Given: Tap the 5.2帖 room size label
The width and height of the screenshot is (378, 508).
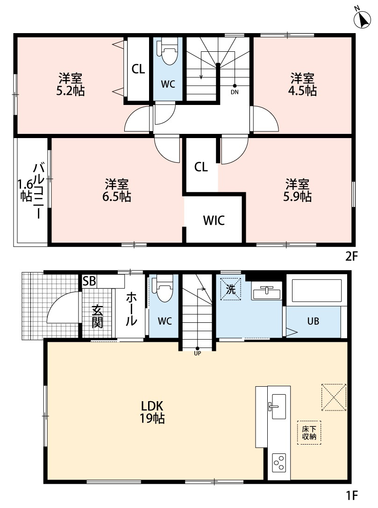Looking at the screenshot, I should click(71, 91).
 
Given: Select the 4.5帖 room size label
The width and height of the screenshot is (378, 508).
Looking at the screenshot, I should click(303, 90).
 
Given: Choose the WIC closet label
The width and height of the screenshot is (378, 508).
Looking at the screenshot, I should click(214, 220).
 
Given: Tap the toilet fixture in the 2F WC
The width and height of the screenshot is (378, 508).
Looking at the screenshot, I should click(168, 52).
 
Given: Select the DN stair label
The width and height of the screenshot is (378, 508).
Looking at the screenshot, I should click(235, 92).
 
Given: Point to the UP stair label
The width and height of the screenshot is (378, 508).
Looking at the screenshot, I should click(197, 354).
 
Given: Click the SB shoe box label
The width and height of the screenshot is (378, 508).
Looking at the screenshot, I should click(89, 281).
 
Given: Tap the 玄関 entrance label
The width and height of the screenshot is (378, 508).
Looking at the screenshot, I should click(97, 316).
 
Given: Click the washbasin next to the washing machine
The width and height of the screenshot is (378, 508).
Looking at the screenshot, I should click(267, 292).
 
